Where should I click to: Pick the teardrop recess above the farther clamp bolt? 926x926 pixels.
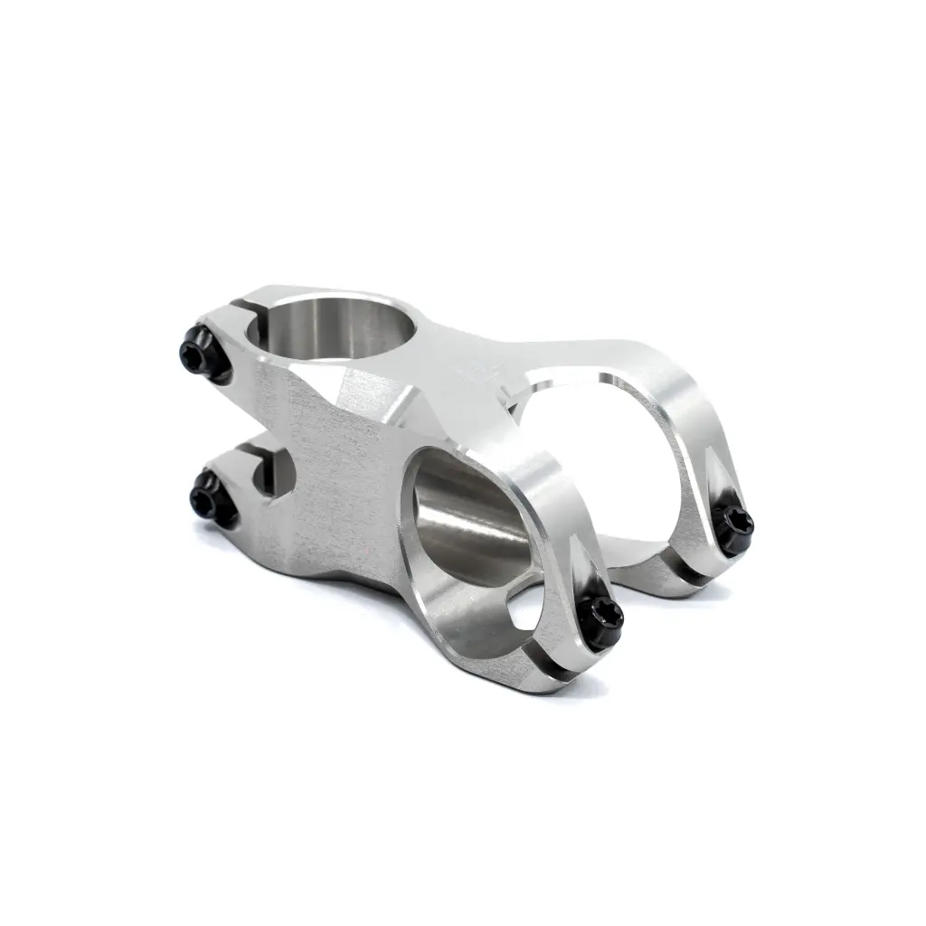[x=723, y=488]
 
